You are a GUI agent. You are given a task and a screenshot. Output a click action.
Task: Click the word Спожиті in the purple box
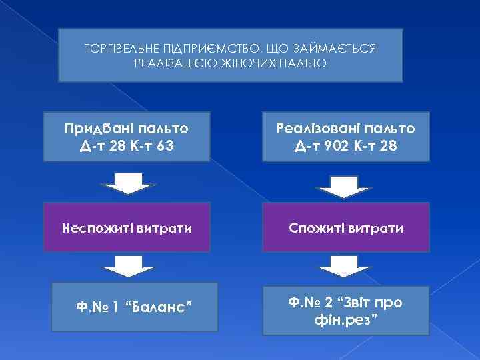pyautogui.click(x=315, y=229)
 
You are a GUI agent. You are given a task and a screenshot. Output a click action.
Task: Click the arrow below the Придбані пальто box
pyautogui.click(x=127, y=182)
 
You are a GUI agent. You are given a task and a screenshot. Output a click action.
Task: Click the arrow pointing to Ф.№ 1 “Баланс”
pyautogui.click(x=127, y=265)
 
